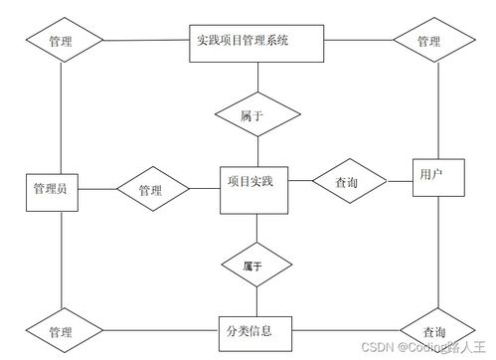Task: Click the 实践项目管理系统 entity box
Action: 244,42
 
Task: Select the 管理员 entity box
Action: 50,189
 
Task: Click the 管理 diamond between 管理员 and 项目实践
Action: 151,189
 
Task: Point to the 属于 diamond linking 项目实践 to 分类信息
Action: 257,267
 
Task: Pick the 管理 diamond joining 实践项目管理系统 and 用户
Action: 429,42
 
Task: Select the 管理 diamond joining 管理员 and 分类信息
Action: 62,330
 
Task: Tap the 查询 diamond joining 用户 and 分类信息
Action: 434,330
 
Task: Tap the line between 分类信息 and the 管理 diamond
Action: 159,329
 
